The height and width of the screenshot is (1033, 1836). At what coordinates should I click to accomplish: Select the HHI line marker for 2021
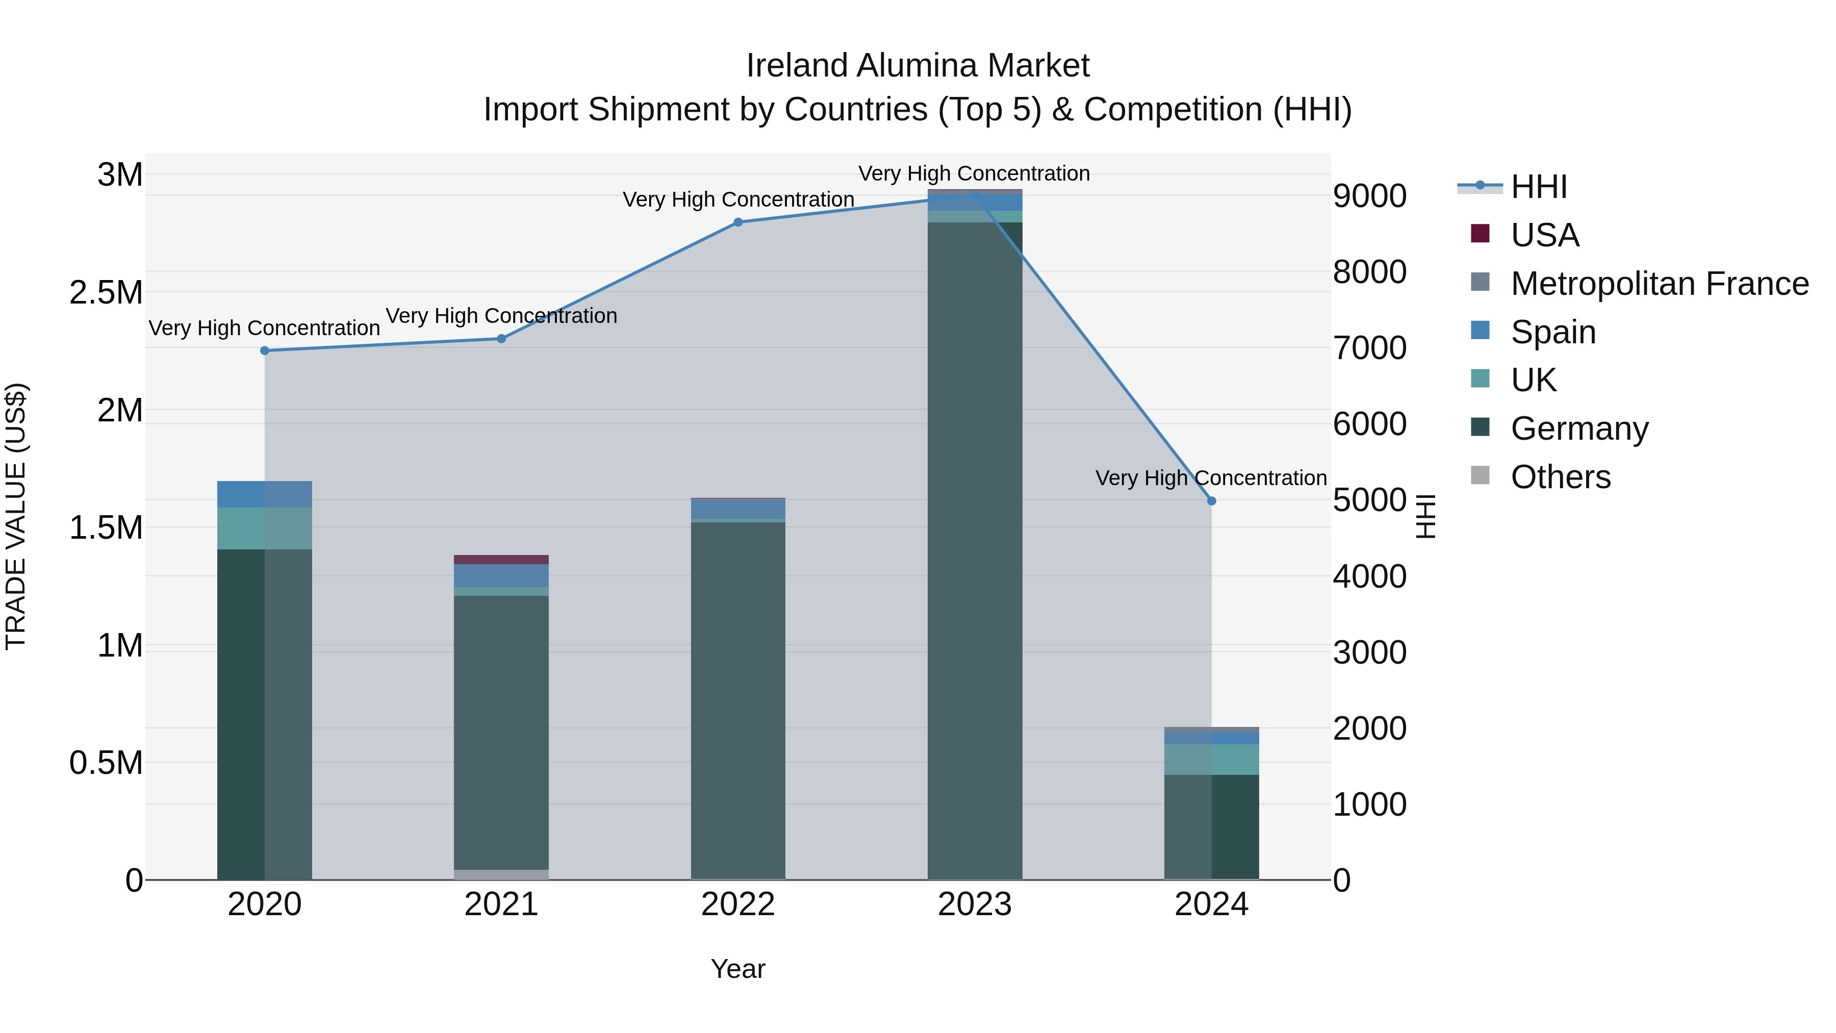click(501, 339)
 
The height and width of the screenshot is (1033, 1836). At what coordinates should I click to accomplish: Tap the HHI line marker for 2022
click(737, 222)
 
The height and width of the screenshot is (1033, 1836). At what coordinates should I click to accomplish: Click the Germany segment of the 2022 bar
click(737, 699)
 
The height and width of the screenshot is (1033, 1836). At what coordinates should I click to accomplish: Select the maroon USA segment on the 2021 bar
click(501, 560)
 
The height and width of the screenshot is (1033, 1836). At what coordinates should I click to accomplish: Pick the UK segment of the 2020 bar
click(264, 528)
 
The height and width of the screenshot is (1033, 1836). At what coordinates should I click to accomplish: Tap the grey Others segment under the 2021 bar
click(501, 875)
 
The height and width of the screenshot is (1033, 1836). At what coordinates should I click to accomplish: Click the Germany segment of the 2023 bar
click(974, 549)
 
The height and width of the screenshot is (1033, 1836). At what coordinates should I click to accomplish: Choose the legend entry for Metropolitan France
click(1659, 284)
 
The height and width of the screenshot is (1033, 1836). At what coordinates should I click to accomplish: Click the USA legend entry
click(1544, 235)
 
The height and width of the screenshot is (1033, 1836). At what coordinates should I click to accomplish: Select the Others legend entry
click(1560, 477)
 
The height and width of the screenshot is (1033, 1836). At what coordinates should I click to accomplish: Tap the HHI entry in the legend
click(1539, 187)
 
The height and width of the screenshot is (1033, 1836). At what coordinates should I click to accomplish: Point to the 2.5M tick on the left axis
click(106, 293)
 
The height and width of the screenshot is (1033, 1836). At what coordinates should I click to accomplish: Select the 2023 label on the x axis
click(974, 904)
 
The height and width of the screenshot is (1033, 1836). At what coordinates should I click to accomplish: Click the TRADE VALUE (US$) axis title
click(16, 516)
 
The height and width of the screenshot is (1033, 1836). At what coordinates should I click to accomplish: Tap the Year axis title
click(737, 969)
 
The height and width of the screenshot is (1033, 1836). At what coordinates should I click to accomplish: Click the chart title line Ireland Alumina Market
click(917, 66)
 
